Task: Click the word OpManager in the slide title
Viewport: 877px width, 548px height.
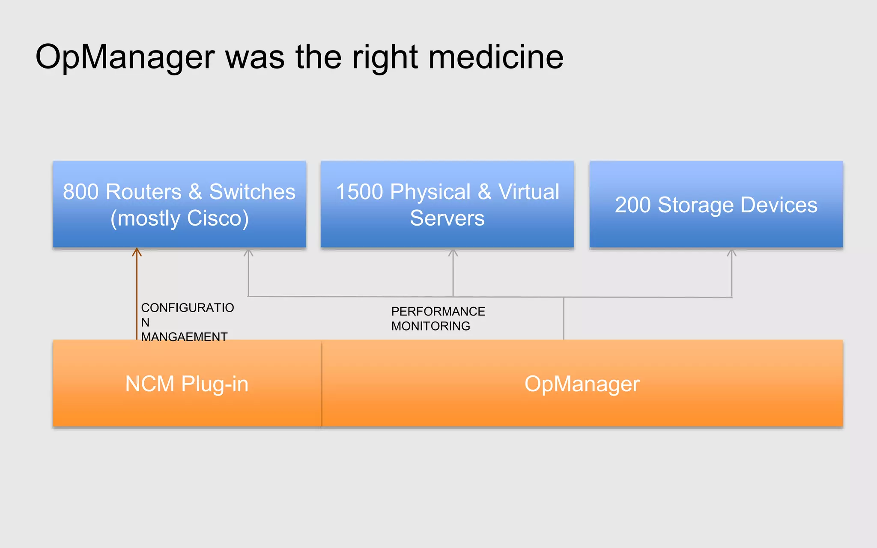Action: tap(125, 57)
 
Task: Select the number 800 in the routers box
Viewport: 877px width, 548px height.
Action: tap(81, 192)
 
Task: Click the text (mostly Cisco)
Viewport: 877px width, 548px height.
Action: tap(179, 218)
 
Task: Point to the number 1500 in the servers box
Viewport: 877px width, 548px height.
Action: tap(359, 192)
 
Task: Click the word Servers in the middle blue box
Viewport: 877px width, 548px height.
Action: tap(447, 218)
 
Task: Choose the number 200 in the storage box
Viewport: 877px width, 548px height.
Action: tap(632, 205)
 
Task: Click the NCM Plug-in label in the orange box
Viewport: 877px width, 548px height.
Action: tap(187, 384)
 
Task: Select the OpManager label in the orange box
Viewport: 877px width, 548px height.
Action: tap(582, 384)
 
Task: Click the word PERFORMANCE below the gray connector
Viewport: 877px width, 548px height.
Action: tap(438, 312)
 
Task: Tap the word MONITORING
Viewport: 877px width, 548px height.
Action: tap(430, 326)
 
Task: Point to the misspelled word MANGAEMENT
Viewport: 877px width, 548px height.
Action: tap(184, 337)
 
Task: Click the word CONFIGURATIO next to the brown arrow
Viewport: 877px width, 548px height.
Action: tap(188, 308)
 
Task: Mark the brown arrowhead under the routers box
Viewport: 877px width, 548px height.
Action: tap(137, 252)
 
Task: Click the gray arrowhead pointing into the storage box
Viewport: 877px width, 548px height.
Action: tap(731, 253)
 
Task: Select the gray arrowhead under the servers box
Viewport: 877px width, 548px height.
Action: tap(453, 253)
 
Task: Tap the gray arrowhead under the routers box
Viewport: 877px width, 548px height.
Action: tap(248, 253)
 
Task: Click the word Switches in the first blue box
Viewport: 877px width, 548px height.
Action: tap(252, 192)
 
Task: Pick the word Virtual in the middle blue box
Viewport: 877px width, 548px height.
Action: tap(529, 192)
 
